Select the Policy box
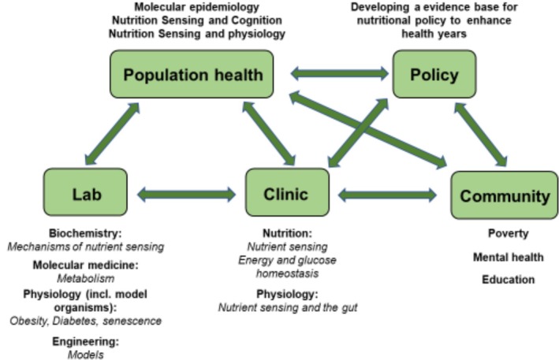click(x=434, y=75)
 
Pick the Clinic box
click(x=287, y=194)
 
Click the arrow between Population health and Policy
click(x=339, y=75)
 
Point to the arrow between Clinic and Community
click(x=387, y=194)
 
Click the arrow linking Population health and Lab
click(x=112, y=136)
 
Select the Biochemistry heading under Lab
click(x=85, y=234)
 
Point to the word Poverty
click(x=508, y=234)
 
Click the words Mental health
click(x=508, y=257)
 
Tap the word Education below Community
click(x=508, y=280)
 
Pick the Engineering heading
click(x=85, y=342)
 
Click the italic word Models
click(x=85, y=354)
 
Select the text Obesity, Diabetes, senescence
click(x=85, y=321)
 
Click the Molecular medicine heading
click(x=85, y=265)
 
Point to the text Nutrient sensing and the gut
click(x=287, y=307)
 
